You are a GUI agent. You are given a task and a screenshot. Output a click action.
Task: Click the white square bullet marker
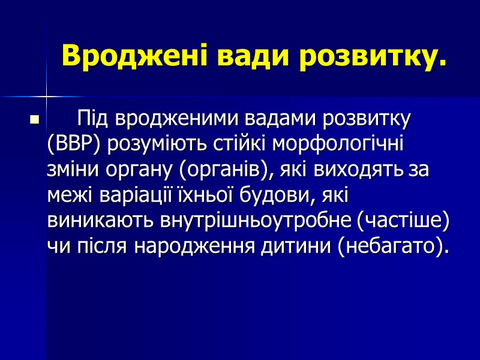click(x=34, y=121)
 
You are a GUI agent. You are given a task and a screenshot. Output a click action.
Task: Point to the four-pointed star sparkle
click(x=46, y=96)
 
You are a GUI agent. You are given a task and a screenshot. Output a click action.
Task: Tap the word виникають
click(x=100, y=221)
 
